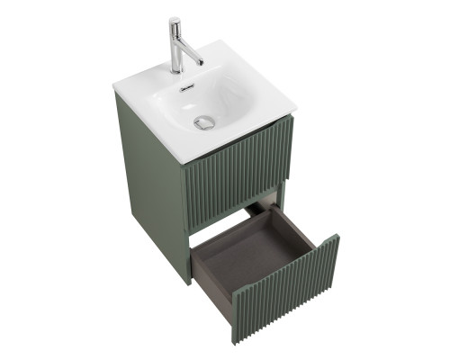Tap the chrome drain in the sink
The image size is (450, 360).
(x=205, y=122)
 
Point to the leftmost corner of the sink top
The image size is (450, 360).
(x=113, y=87)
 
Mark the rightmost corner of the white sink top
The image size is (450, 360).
(x=296, y=111)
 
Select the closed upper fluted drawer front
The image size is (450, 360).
(x=239, y=166)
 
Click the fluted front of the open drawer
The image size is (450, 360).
(x=288, y=288)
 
